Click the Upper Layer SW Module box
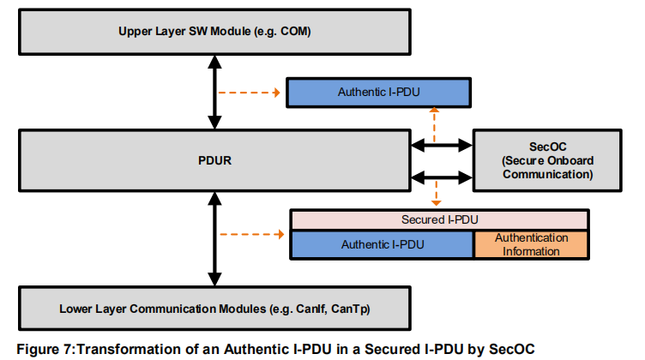tap(214, 32)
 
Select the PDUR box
tap(214, 160)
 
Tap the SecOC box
tap(547, 160)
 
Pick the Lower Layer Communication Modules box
tap(214, 309)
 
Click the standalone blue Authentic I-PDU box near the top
tap(378, 93)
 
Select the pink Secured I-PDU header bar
tap(440, 220)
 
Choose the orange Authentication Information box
tap(531, 244)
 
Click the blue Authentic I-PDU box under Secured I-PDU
tap(383, 244)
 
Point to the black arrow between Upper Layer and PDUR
tap(214, 93)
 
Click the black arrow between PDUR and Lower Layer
tap(214, 239)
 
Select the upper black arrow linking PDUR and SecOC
tap(442, 145)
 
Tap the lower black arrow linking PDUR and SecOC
tap(442, 177)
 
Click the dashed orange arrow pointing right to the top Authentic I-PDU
tap(250, 93)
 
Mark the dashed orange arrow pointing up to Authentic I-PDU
tap(434, 125)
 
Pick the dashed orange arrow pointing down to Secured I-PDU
tap(436, 193)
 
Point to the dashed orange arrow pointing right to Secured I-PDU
tap(252, 234)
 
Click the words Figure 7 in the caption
tap(45, 350)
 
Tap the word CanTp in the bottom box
tap(351, 309)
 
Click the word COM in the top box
tap(295, 32)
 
